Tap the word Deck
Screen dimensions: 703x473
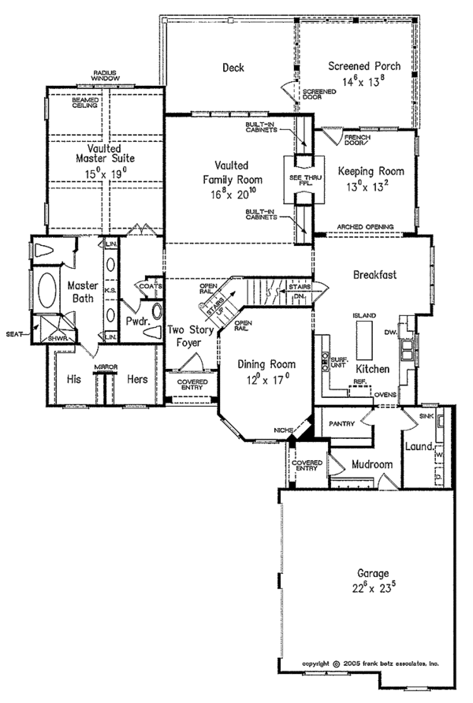click(233, 68)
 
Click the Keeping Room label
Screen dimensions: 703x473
click(371, 171)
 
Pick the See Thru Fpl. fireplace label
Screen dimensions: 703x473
click(299, 180)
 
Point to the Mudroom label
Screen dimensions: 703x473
click(371, 465)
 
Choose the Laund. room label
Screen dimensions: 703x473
click(419, 447)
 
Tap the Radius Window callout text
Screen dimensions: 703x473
click(105, 75)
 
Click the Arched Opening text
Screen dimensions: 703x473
click(365, 227)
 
